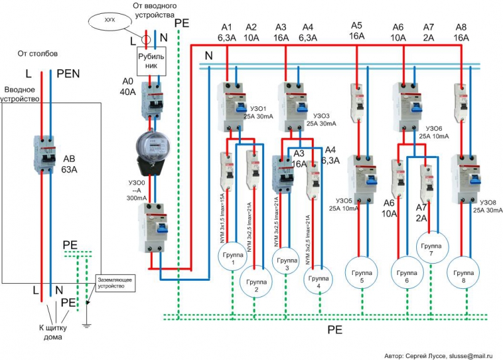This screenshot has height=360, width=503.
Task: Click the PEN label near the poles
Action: (x=68, y=74)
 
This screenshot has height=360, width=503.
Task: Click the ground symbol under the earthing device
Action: (x=87, y=324)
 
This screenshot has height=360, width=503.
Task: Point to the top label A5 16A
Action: (x=357, y=31)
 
